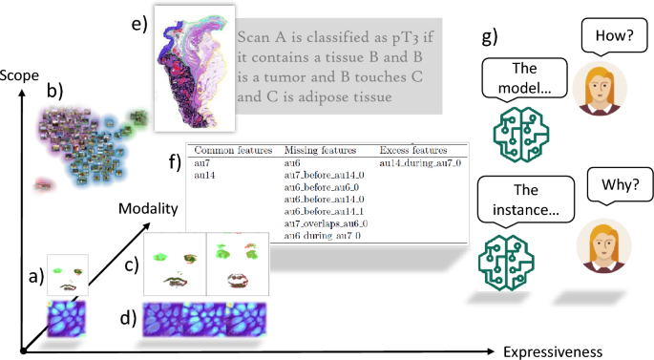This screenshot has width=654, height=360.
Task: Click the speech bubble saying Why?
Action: tap(614, 187)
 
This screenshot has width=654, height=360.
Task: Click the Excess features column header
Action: tap(412, 151)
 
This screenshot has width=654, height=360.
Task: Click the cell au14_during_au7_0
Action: tap(420, 163)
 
